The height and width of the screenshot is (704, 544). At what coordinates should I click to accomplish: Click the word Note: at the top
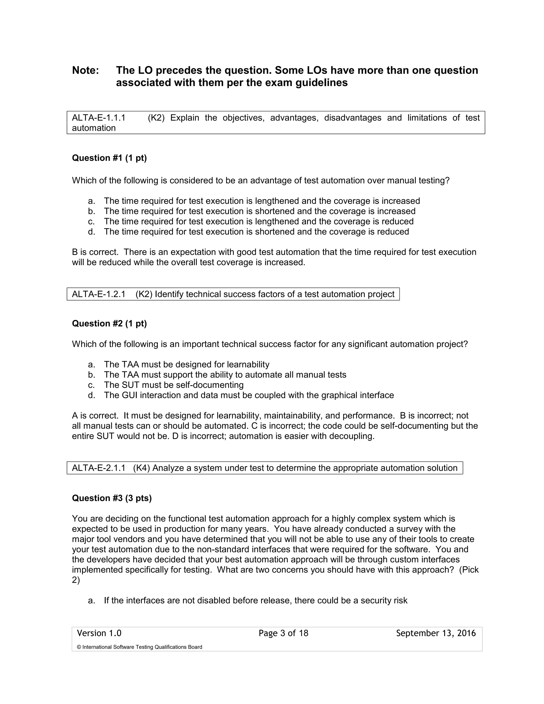[x=86, y=70]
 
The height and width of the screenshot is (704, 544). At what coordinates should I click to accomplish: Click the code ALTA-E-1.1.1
[x=99, y=118]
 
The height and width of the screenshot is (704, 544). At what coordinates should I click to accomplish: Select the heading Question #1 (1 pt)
[x=109, y=158]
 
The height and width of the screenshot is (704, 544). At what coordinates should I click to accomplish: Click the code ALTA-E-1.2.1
[x=99, y=294]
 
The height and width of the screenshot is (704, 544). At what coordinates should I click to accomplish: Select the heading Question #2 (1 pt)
[x=109, y=323]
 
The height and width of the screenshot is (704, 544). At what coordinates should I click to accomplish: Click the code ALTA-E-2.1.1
[x=99, y=468]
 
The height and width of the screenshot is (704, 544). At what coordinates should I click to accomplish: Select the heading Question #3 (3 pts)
[x=112, y=498]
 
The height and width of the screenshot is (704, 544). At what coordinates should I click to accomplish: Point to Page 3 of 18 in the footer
[x=283, y=633]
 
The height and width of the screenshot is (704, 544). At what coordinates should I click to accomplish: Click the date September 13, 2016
[x=436, y=633]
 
